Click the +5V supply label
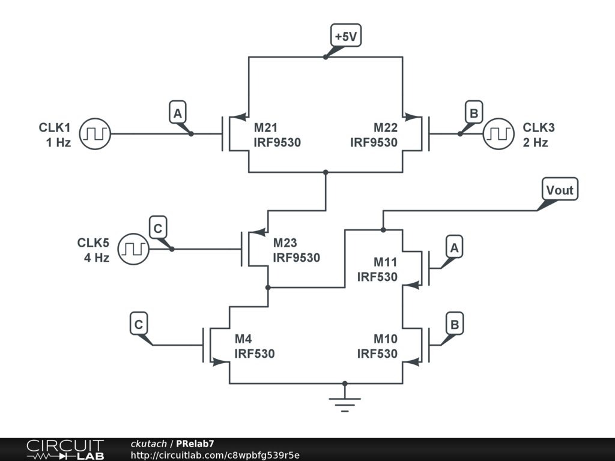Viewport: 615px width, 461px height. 346,37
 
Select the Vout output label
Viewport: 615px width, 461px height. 560,190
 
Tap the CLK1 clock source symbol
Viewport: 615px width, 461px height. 94,134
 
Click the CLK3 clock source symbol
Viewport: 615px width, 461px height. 499,134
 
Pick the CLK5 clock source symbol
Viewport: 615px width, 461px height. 132,249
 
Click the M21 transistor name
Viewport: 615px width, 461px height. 265,128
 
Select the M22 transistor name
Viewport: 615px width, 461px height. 386,128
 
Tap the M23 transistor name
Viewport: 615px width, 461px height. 285,243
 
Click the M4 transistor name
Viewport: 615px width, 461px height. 243,339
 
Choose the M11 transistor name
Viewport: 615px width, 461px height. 386,262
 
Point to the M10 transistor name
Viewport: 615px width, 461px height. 386,339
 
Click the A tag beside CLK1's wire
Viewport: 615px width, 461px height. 177,113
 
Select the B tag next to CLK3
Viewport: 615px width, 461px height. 474,113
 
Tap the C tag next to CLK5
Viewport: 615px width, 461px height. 157,229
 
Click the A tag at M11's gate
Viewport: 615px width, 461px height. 455,247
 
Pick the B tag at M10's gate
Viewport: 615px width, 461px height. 455,325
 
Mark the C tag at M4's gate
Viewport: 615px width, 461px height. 139,325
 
